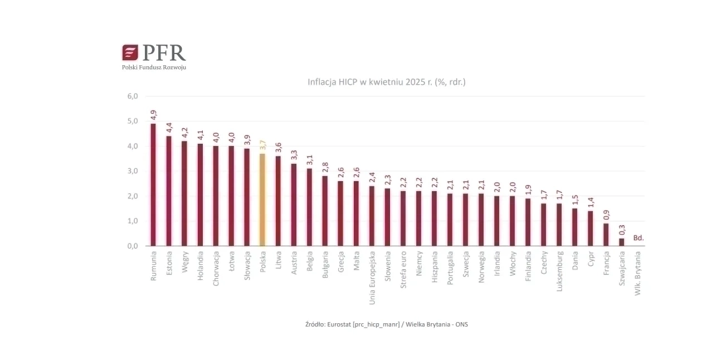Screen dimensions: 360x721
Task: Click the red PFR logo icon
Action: click(130, 52)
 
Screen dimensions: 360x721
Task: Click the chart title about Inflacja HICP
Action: click(387, 82)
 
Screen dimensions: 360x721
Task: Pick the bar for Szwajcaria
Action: click(621, 242)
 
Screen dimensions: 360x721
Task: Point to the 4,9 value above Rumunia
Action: click(153, 115)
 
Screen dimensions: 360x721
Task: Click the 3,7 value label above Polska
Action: click(262, 145)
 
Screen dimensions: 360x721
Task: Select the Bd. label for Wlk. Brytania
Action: click(639, 238)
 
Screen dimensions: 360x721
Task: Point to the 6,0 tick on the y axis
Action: click(133, 96)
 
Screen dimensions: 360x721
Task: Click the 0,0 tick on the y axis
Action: click(133, 246)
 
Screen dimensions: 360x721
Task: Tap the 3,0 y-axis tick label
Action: click(133, 171)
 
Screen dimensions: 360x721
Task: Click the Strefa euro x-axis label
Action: click(403, 270)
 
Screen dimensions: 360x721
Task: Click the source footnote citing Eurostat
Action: click(386, 324)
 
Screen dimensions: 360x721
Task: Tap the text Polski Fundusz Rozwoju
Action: click(154, 67)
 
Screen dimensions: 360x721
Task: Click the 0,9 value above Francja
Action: click(606, 215)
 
